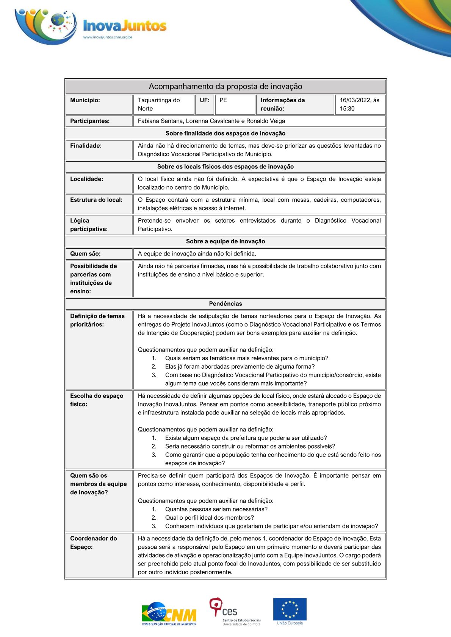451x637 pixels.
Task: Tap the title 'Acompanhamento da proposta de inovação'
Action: coord(225,86)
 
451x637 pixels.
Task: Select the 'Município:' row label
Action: coord(85,100)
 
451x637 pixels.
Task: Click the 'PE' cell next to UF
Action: coord(223,100)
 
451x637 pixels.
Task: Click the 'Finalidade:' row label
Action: coord(86,146)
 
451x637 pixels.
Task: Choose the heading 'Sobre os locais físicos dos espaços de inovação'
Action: coord(225,167)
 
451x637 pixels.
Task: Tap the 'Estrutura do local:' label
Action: coord(96,200)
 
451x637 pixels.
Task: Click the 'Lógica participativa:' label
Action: coord(89,225)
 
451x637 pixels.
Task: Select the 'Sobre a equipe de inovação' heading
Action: coord(225,241)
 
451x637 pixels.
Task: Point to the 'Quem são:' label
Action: coord(85,254)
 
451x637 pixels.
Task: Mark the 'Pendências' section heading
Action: coord(225,304)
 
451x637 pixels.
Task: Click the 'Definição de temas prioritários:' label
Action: coord(97,320)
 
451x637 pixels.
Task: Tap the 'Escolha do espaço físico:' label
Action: coord(97,400)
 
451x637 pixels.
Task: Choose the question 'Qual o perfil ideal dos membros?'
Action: coord(209,518)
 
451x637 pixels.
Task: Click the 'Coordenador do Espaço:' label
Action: coord(93,542)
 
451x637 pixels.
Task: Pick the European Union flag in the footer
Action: coord(290,609)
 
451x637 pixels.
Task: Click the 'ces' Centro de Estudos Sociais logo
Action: coord(235,611)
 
